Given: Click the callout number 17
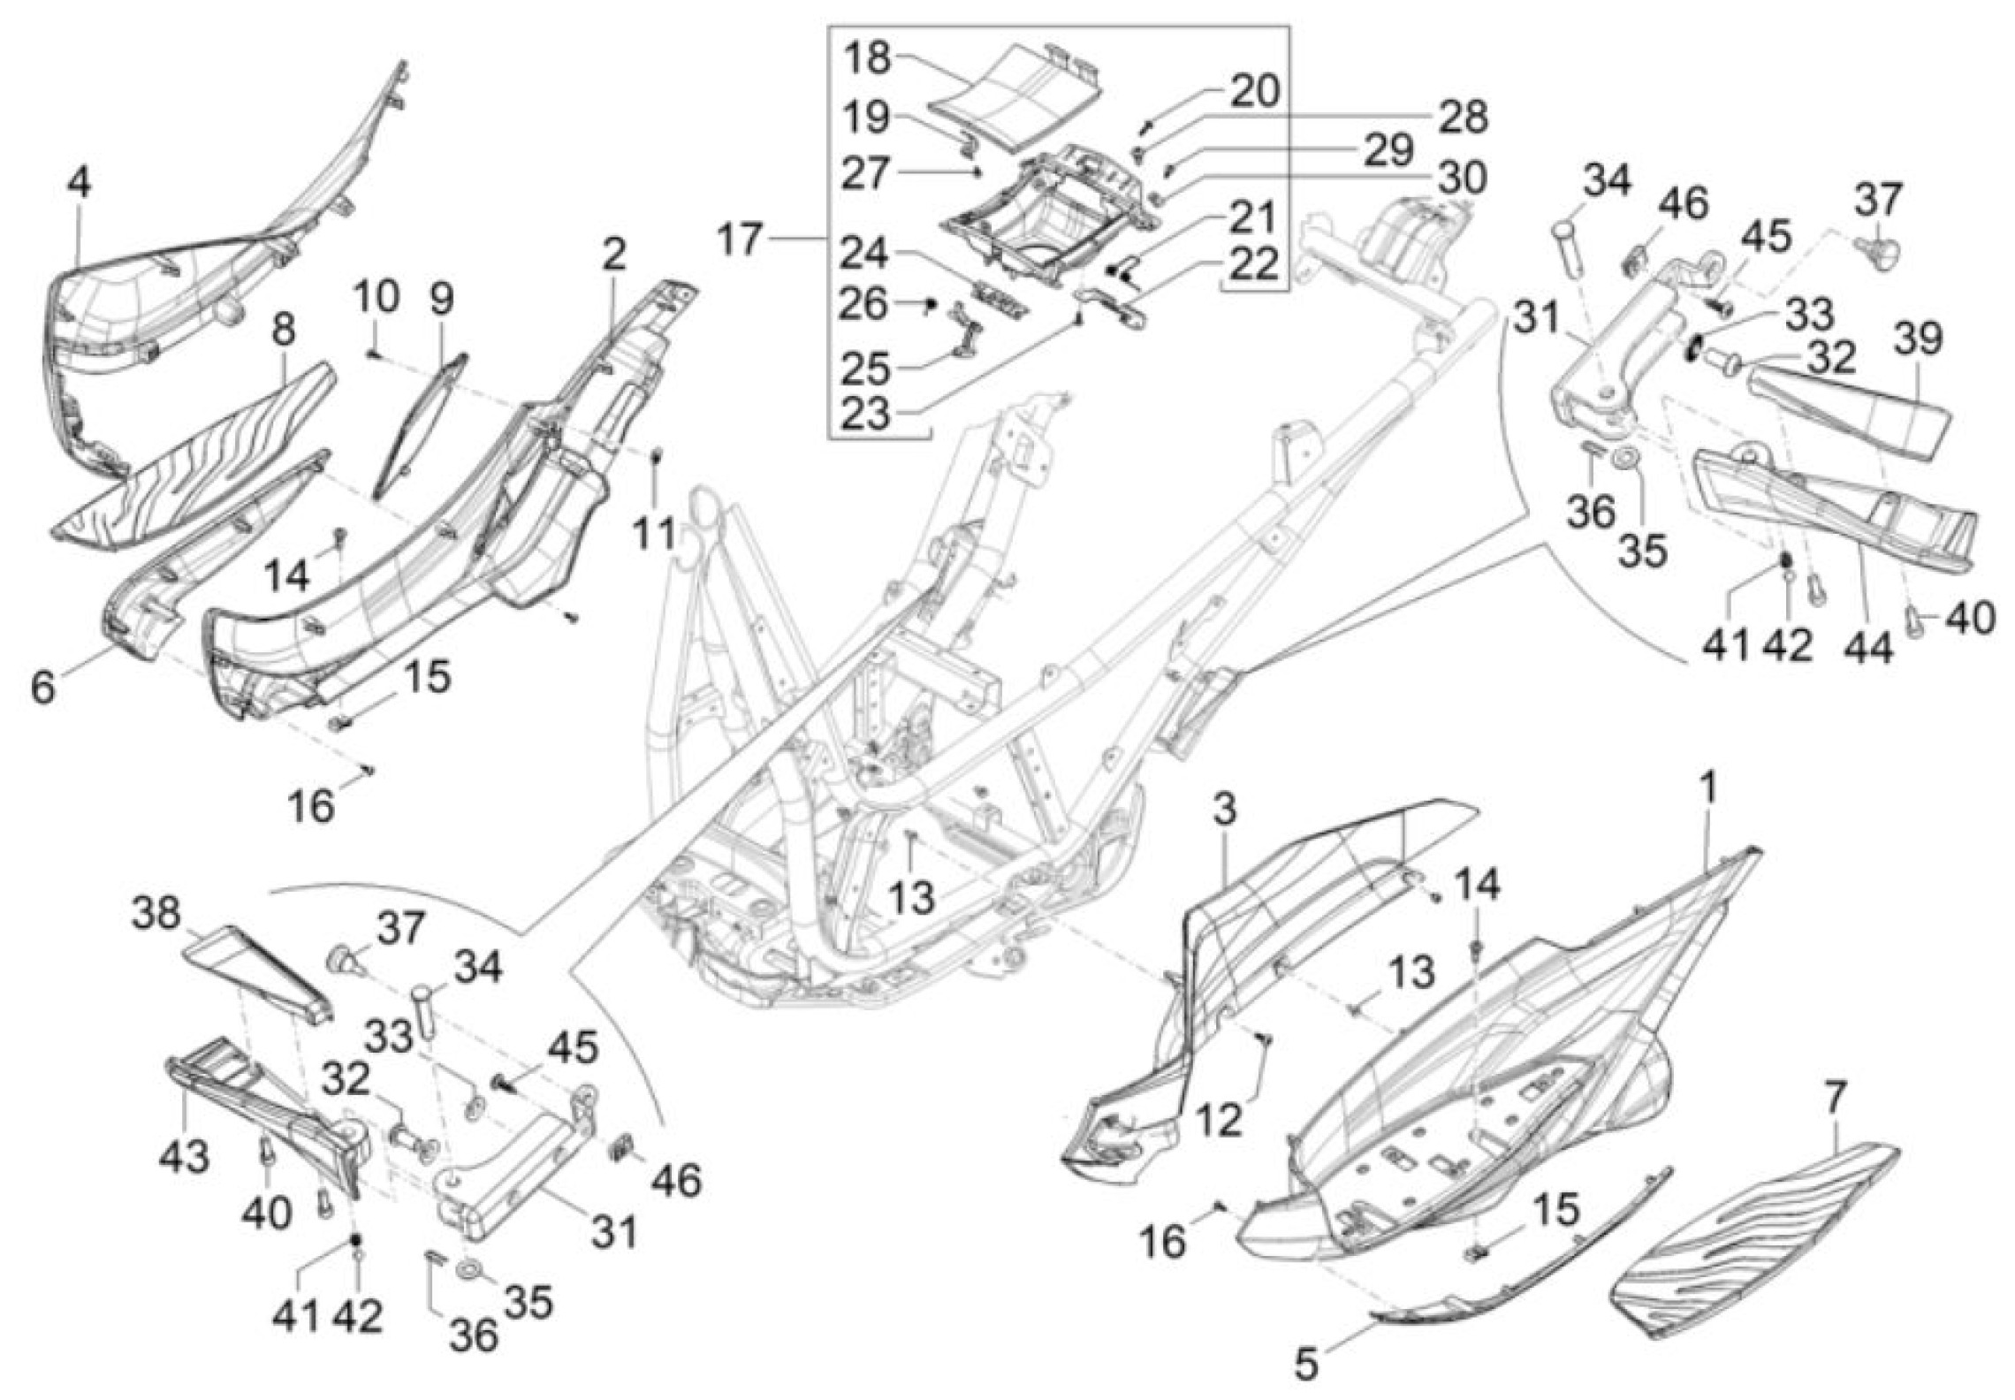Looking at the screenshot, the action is [x=741, y=239].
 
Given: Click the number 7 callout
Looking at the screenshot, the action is [x=1835, y=1099].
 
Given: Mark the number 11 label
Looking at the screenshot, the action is [x=654, y=535].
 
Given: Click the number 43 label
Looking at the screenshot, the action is [x=185, y=1156].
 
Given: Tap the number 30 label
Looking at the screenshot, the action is [x=1461, y=178].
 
